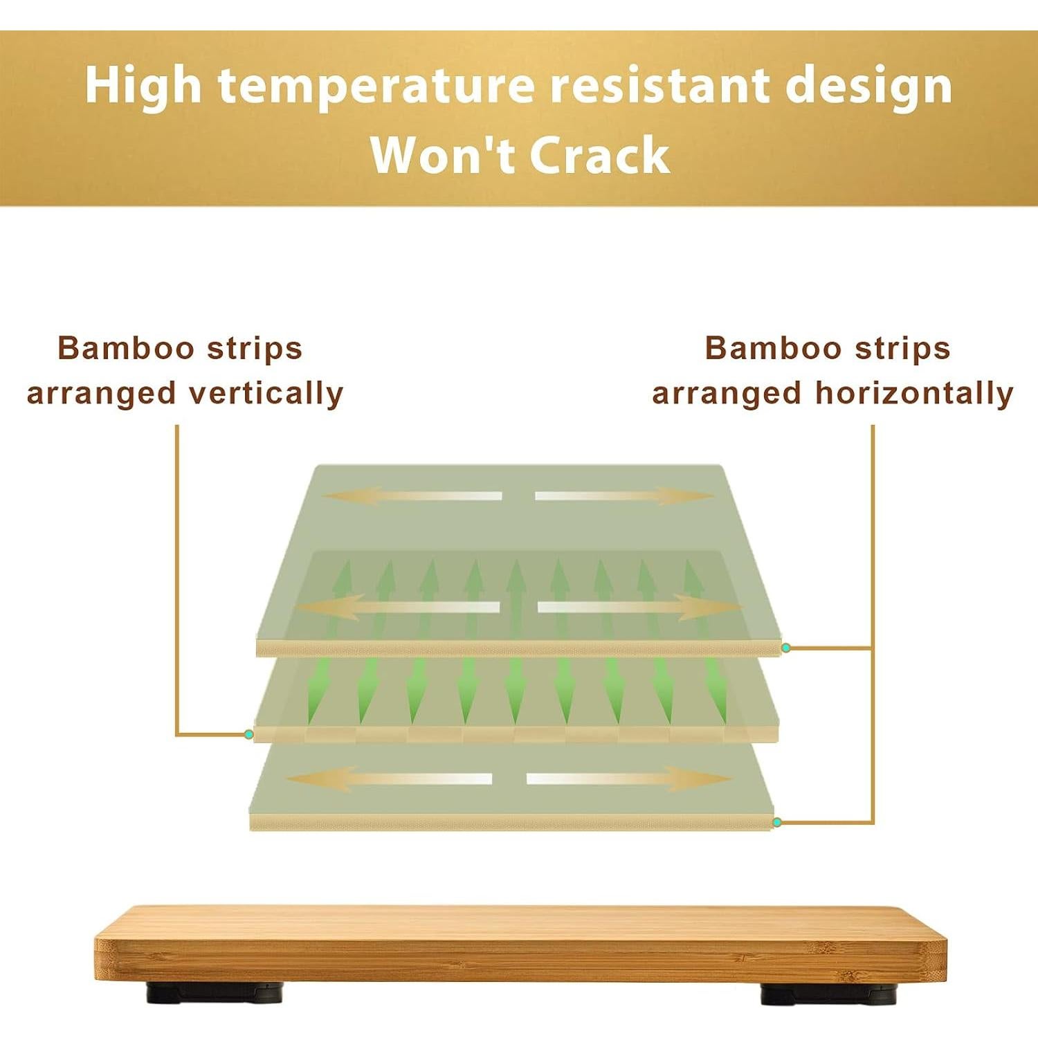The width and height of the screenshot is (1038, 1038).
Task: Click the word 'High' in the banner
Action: click(143, 86)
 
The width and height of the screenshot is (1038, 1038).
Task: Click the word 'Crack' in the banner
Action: click(600, 155)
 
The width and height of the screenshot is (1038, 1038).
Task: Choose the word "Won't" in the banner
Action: click(443, 155)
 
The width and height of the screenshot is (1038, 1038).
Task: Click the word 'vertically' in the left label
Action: click(266, 393)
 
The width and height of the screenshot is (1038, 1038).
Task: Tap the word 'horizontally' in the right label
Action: click(914, 393)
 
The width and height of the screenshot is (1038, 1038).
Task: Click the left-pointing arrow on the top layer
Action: click(412, 496)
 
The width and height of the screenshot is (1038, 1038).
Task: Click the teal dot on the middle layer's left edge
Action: click(248, 734)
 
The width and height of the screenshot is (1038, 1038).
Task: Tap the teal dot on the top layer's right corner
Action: click(786, 648)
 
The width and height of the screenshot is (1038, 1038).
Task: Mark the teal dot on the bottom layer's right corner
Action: click(777, 822)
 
